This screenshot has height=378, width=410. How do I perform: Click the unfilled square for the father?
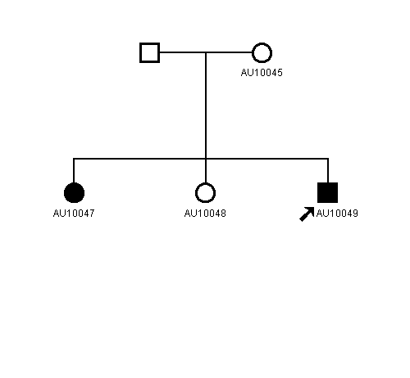(x=149, y=52)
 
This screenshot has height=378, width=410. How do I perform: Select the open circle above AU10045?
(x=262, y=43)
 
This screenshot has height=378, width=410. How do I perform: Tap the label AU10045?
(x=262, y=73)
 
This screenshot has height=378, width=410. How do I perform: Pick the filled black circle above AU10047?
(x=74, y=193)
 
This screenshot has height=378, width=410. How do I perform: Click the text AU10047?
(x=74, y=214)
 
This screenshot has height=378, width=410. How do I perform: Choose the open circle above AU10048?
(x=205, y=182)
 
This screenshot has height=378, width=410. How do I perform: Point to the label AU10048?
(x=205, y=214)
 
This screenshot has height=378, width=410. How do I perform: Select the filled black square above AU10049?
(x=327, y=193)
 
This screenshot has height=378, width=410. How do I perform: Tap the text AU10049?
(x=337, y=214)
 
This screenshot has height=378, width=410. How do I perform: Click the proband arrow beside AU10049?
(x=307, y=214)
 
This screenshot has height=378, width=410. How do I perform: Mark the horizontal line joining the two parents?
(x=206, y=52)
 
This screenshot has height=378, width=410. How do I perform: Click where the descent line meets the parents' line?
(x=206, y=52)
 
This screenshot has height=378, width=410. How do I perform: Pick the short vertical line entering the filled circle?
(x=74, y=170)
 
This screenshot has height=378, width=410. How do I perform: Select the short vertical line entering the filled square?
(x=328, y=170)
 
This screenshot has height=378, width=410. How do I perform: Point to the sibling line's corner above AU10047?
(x=74, y=159)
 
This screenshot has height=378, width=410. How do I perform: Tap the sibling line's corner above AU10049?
(x=328, y=159)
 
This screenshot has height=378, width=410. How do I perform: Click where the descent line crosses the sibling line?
(x=206, y=159)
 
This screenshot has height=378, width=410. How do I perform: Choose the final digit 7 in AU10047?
(x=92, y=214)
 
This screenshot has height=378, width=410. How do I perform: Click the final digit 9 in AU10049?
(x=355, y=214)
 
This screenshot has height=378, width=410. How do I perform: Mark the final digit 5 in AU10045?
(x=280, y=73)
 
